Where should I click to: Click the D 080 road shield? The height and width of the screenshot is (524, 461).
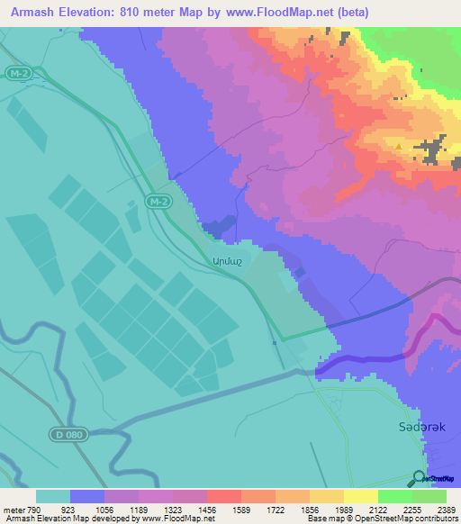(x=67, y=435)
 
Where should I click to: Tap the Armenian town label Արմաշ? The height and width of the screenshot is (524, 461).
(x=226, y=261)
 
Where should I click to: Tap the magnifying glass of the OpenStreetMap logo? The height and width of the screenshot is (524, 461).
(x=417, y=478)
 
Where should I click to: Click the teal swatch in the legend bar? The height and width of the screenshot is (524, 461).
(x=53, y=496)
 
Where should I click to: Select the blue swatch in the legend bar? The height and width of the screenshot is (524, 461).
(x=87, y=496)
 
